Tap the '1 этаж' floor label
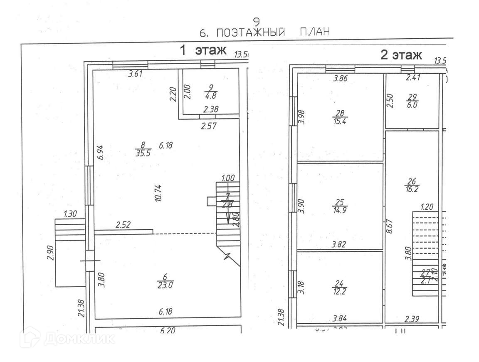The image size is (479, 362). [x=202, y=50]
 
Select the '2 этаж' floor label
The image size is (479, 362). [x=401, y=55]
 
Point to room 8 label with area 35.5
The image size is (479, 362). [x=143, y=149]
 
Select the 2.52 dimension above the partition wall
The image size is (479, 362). [x=123, y=226]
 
